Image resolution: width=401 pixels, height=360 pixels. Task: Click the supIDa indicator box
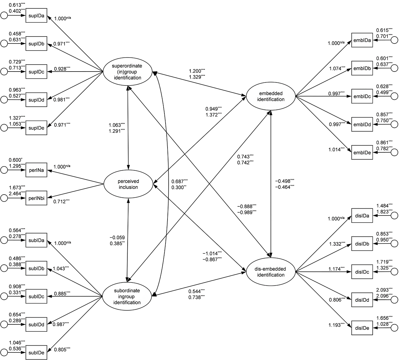click(x=36, y=16)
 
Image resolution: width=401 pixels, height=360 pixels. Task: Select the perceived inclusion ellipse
click(x=128, y=184)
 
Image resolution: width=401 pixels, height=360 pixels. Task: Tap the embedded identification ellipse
click(x=271, y=96)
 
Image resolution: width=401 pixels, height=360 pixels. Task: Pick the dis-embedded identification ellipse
click(x=271, y=271)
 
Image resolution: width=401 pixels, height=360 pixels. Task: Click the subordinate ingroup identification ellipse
click(x=127, y=296)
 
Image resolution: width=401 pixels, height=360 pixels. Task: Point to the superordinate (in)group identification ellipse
click(x=127, y=72)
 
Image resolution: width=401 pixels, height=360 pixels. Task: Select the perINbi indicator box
click(x=36, y=198)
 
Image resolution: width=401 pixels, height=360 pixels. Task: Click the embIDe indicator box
click(x=362, y=152)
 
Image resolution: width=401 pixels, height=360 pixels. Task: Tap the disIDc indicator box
click(x=362, y=271)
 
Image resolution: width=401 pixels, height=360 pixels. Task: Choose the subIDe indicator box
click(x=36, y=352)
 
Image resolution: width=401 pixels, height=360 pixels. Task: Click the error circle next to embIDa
click(x=394, y=40)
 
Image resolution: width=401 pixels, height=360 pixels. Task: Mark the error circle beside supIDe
click(x=4, y=128)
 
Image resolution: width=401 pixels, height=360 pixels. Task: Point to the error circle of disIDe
click(x=394, y=328)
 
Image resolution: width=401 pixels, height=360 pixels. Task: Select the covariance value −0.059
click(x=117, y=237)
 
